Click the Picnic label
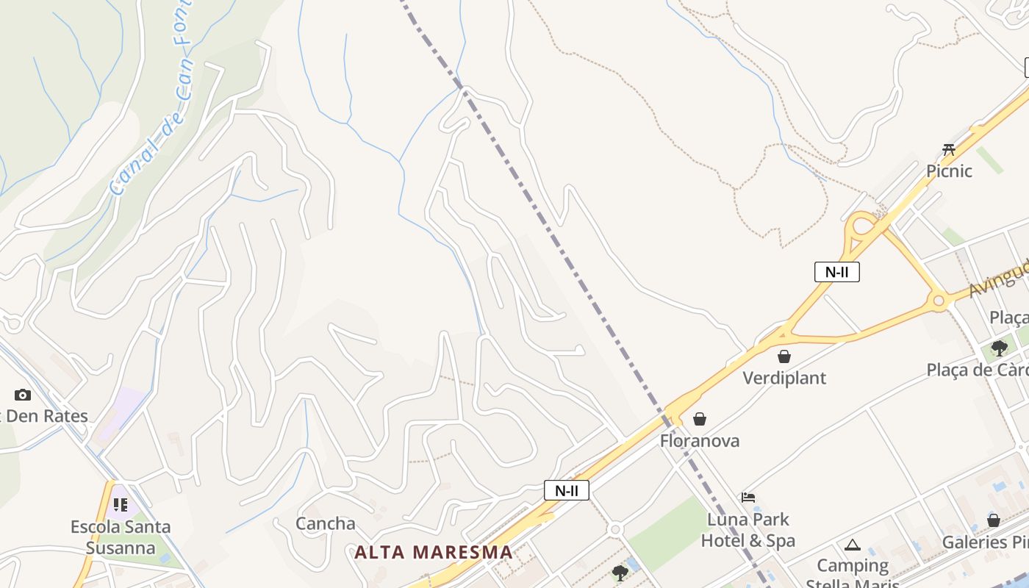(949, 171)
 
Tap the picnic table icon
(949, 150)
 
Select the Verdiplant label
(784, 378)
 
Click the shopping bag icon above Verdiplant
(784, 356)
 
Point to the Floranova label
(700, 441)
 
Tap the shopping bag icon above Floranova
(700, 419)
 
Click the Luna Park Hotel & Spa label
(748, 530)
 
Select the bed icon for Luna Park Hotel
(748, 498)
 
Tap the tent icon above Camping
(853, 545)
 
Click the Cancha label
(326, 524)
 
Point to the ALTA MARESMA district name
(434, 552)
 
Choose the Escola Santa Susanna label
(121, 537)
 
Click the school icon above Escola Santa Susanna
(121, 505)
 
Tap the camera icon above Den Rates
(23, 395)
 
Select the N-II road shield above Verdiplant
(836, 272)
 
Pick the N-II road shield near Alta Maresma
(566, 490)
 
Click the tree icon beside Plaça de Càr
(999, 348)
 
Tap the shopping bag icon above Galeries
(994, 520)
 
